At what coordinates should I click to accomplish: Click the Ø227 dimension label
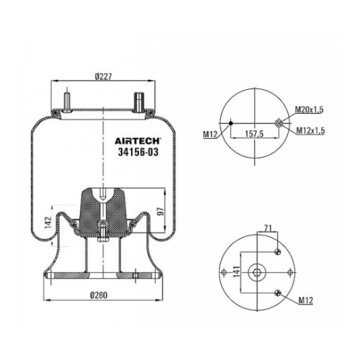coord(104,76)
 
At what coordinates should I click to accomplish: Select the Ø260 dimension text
coord(99,295)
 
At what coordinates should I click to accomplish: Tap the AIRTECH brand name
coord(138,141)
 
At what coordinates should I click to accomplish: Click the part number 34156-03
coord(138,152)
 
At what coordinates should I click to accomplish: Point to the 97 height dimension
coord(161,211)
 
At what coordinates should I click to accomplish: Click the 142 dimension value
coord(48,222)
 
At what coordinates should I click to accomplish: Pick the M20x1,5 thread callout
coord(309,109)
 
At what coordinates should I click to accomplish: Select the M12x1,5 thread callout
coord(310,130)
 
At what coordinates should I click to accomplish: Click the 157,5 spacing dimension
coord(254,133)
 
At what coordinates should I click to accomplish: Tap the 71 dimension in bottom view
coord(268,228)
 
